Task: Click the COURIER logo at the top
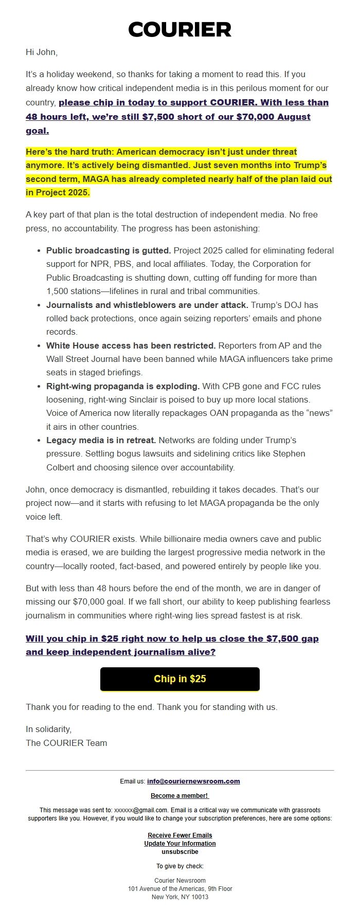click(x=179, y=30)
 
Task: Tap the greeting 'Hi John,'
click(x=42, y=52)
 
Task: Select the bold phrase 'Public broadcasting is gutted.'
click(x=109, y=250)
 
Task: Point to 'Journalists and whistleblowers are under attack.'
click(x=147, y=305)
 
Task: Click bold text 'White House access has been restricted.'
click(x=131, y=345)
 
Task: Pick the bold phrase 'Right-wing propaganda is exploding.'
click(x=123, y=386)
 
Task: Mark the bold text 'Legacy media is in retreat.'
click(x=101, y=440)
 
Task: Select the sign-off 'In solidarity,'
click(x=49, y=729)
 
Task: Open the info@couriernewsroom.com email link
click(x=193, y=781)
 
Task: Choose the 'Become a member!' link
click(x=179, y=796)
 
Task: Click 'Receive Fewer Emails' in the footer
click(x=179, y=835)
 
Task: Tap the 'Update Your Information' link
click(x=179, y=844)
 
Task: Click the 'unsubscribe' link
click(x=179, y=852)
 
